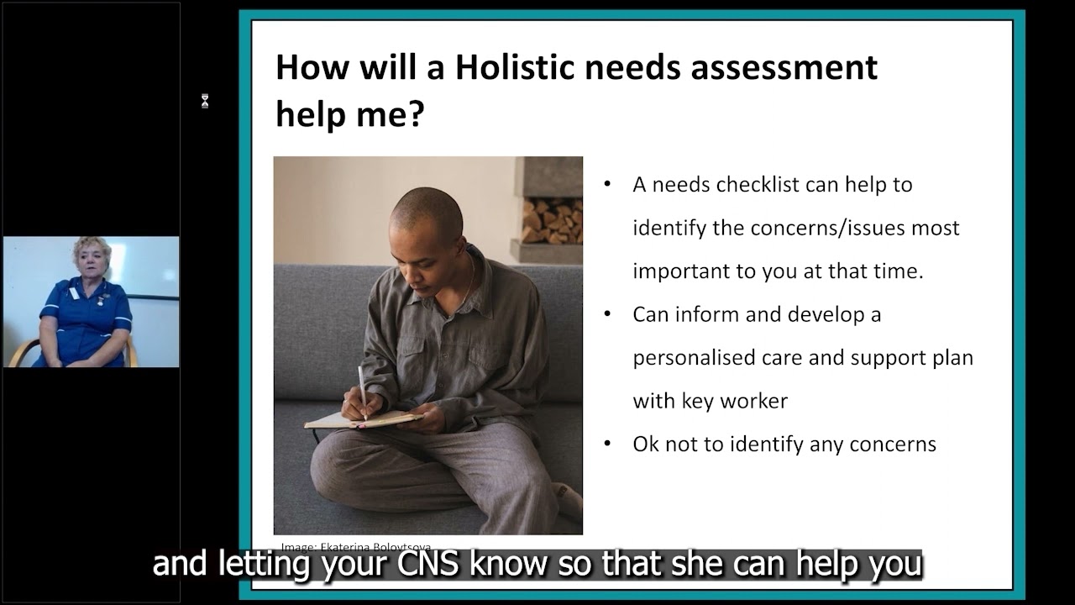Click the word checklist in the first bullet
[757, 185]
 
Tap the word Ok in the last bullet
[646, 445]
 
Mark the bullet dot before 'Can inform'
[607, 314]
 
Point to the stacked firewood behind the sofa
[552, 220]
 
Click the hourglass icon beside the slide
[204, 102]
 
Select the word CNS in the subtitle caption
[427, 564]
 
